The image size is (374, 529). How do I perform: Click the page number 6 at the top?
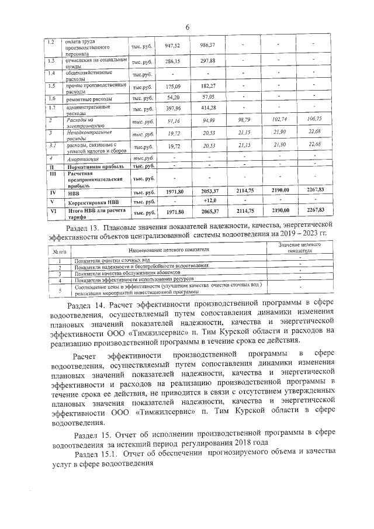[x=188, y=27]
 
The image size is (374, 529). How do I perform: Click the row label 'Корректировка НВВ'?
[x=91, y=202]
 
